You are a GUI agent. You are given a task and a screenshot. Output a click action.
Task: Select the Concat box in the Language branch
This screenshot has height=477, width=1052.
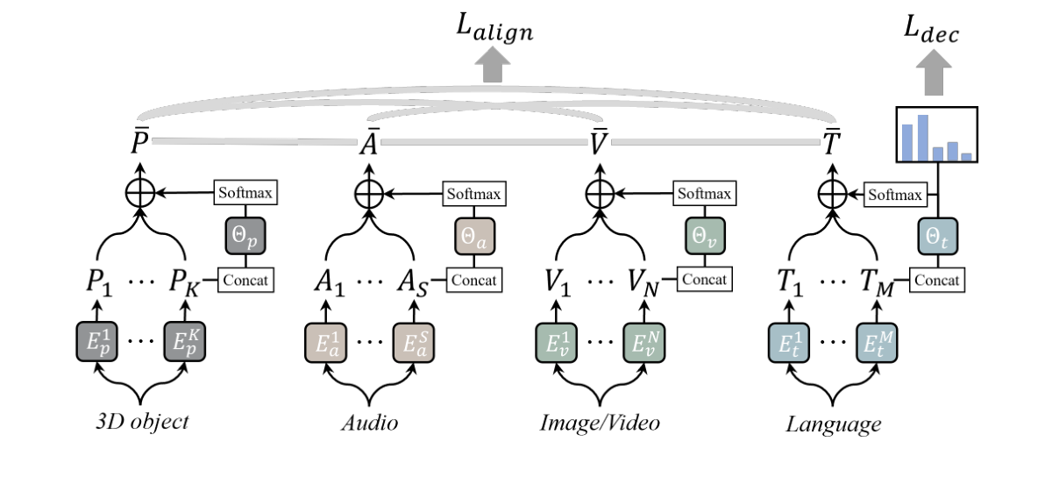point(938,281)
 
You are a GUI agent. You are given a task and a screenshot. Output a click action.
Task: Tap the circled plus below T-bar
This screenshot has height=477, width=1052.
point(830,191)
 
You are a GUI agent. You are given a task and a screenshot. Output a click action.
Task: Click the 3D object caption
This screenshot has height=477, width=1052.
point(143,423)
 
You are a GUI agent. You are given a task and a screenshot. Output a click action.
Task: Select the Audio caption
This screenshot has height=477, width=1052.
point(370,424)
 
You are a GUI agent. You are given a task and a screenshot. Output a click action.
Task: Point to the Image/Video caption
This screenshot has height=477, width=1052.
point(600,424)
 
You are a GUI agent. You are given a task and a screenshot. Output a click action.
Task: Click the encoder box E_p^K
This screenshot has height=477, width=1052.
point(188,343)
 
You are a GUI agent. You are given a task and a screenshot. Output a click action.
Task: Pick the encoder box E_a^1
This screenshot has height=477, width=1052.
point(327,343)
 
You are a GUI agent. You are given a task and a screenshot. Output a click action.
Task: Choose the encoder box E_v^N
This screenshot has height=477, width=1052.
point(647,343)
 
